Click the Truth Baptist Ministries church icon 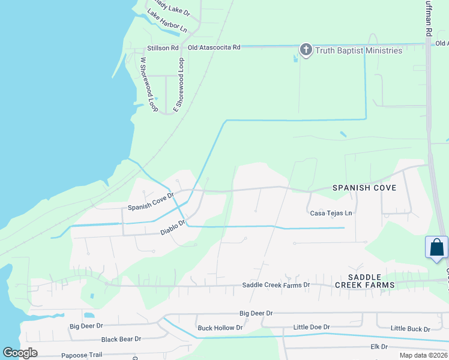[x=306, y=50]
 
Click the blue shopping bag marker [x=436, y=248]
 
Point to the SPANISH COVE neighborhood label [x=364, y=188]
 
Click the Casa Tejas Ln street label [x=331, y=213]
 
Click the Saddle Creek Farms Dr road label [x=276, y=285]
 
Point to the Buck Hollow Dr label [x=220, y=328]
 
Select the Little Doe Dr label [x=312, y=327]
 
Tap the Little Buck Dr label [x=410, y=329]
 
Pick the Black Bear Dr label [x=121, y=339]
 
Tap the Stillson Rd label [x=163, y=47]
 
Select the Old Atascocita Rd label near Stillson [x=214, y=47]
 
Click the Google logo [x=20, y=353]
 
